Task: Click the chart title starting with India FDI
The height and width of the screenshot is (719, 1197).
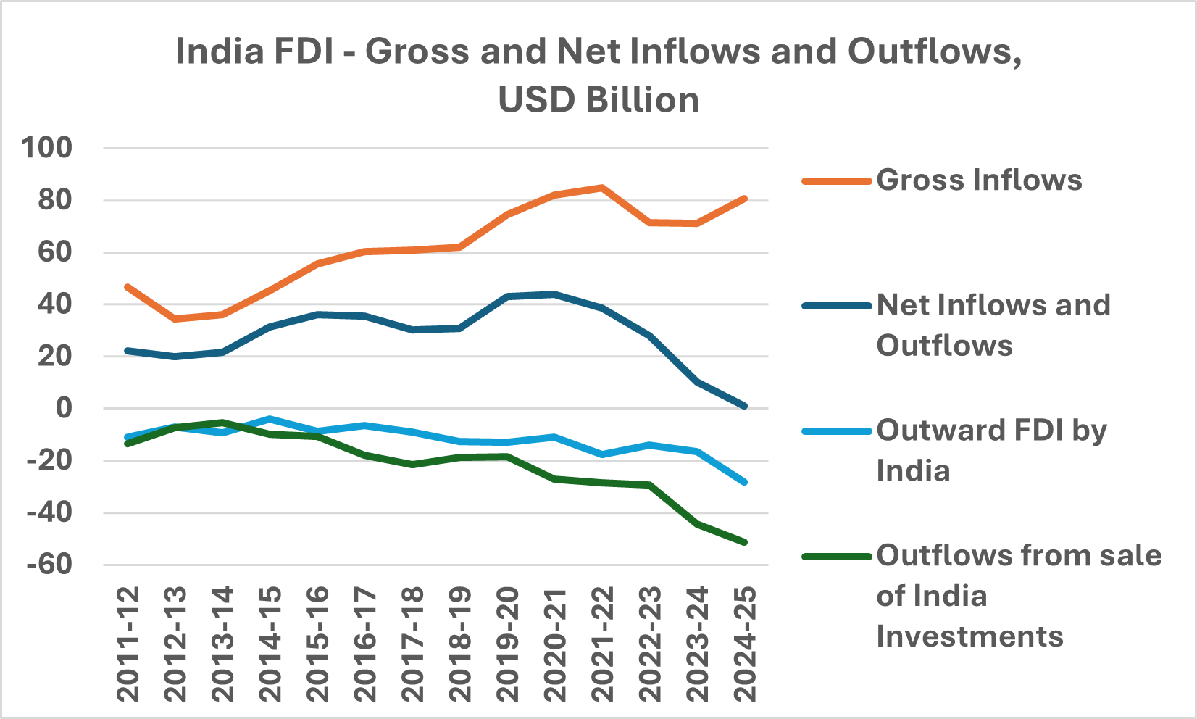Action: (598, 75)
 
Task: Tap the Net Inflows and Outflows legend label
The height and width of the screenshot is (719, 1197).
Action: (993, 325)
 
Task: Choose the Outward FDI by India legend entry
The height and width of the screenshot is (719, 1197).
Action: (991, 450)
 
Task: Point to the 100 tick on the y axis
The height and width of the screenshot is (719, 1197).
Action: (47, 148)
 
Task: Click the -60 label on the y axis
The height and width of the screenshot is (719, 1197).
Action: (50, 564)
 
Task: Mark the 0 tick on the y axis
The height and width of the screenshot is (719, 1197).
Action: (64, 408)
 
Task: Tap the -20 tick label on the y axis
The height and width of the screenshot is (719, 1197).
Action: (50, 460)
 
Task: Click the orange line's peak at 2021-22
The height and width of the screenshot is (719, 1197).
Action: (601, 187)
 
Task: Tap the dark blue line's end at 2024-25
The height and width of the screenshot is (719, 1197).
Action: (744, 406)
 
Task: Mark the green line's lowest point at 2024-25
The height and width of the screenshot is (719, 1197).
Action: (744, 542)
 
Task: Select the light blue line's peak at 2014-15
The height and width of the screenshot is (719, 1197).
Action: (270, 418)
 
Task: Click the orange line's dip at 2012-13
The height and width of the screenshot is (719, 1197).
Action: (175, 319)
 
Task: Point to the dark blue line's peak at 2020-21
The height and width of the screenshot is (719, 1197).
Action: (554, 294)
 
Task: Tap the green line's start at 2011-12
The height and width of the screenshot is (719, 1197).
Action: (128, 444)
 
